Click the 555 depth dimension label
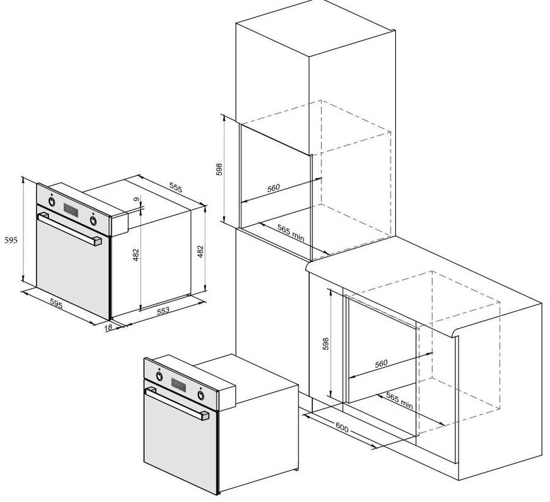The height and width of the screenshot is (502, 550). click(x=176, y=187)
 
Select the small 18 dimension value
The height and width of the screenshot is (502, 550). click(x=108, y=327)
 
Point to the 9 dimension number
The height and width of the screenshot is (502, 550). click(x=136, y=199)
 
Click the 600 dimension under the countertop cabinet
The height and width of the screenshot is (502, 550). click(x=342, y=427)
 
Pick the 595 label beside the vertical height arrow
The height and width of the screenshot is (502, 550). click(x=10, y=240)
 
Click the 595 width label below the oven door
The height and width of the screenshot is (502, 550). click(x=56, y=304)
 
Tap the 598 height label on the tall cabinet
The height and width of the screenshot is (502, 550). click(x=219, y=169)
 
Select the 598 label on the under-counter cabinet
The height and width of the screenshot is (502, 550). click(x=326, y=344)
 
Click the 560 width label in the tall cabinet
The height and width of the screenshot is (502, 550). click(x=274, y=188)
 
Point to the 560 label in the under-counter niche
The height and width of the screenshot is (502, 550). click(x=381, y=363)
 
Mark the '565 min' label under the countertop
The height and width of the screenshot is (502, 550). click(x=400, y=401)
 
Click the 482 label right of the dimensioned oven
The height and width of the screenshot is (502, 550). click(x=200, y=252)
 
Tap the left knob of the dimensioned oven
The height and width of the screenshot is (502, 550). click(x=52, y=202)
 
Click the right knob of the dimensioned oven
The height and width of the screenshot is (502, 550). click(x=94, y=220)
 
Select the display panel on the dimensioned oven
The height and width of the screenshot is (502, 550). click(x=71, y=210)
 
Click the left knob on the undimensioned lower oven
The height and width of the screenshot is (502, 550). click(x=159, y=376)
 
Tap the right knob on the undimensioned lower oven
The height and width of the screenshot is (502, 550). click(x=200, y=395)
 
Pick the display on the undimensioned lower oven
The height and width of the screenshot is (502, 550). click(x=178, y=385)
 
